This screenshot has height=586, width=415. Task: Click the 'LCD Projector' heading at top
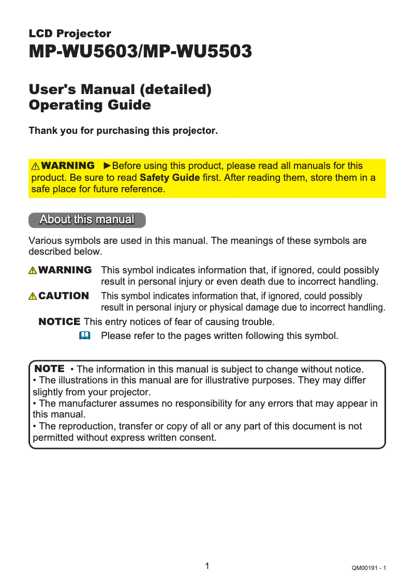pos(70,34)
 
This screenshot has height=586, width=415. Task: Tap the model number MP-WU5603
pos(83,52)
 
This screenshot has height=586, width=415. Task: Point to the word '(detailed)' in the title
pos(176,90)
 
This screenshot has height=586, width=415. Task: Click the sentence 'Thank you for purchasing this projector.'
pos(123,131)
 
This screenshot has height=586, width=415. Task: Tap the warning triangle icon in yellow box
pos(36,166)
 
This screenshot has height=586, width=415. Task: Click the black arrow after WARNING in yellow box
pos(107,166)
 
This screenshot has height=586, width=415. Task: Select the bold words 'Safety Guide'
pos(170,178)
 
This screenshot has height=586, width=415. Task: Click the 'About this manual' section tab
pos(87,220)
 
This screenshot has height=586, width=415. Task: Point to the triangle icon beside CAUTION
pos(33,297)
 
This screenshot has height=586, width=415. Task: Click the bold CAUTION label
pos(64,296)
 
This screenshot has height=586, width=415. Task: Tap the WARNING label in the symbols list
pos(65,270)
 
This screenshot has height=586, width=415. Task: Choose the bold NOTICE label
pos(60,322)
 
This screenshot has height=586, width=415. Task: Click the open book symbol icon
pos(84,336)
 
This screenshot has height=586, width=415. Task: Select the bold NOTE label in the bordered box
pos(49,369)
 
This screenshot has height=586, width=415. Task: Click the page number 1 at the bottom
pos(207,566)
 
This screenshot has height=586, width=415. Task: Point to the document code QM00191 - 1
pos(368,568)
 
